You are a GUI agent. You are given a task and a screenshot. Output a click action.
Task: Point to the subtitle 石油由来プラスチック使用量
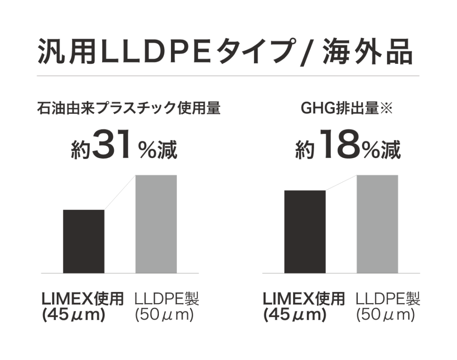pyautogui.click(x=129, y=109)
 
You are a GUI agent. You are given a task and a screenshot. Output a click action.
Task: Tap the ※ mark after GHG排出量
pyautogui.click(x=386, y=109)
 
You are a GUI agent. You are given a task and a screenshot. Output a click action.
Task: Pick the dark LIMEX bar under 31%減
pyautogui.click(x=84, y=241)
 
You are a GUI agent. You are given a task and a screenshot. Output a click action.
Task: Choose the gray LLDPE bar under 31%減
pyautogui.click(x=156, y=224)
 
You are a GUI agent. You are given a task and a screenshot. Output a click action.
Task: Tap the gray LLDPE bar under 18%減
pyautogui.click(x=377, y=224)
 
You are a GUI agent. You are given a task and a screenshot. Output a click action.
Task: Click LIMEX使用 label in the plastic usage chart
pyautogui.click(x=82, y=299)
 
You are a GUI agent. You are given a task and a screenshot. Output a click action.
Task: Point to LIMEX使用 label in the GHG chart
pyautogui.click(x=303, y=299)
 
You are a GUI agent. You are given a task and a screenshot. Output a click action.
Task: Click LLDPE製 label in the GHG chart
pyautogui.click(x=388, y=299)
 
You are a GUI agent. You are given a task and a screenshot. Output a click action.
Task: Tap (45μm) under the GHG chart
pyautogui.click(x=295, y=314)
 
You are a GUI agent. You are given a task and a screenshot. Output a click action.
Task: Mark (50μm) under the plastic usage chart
pyautogui.click(x=164, y=314)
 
